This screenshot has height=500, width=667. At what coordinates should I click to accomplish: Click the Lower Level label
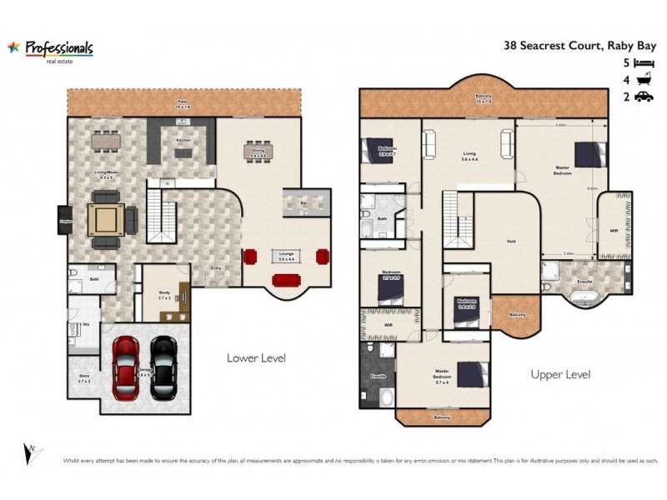click(256, 358)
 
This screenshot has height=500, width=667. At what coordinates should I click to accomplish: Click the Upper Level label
click(560, 375)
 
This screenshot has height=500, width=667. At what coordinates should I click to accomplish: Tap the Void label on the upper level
click(511, 242)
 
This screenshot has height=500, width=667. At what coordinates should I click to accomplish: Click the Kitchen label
click(183, 140)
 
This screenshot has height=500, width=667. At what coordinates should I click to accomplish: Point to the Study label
click(164, 293)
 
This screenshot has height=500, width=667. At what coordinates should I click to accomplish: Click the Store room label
click(83, 376)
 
